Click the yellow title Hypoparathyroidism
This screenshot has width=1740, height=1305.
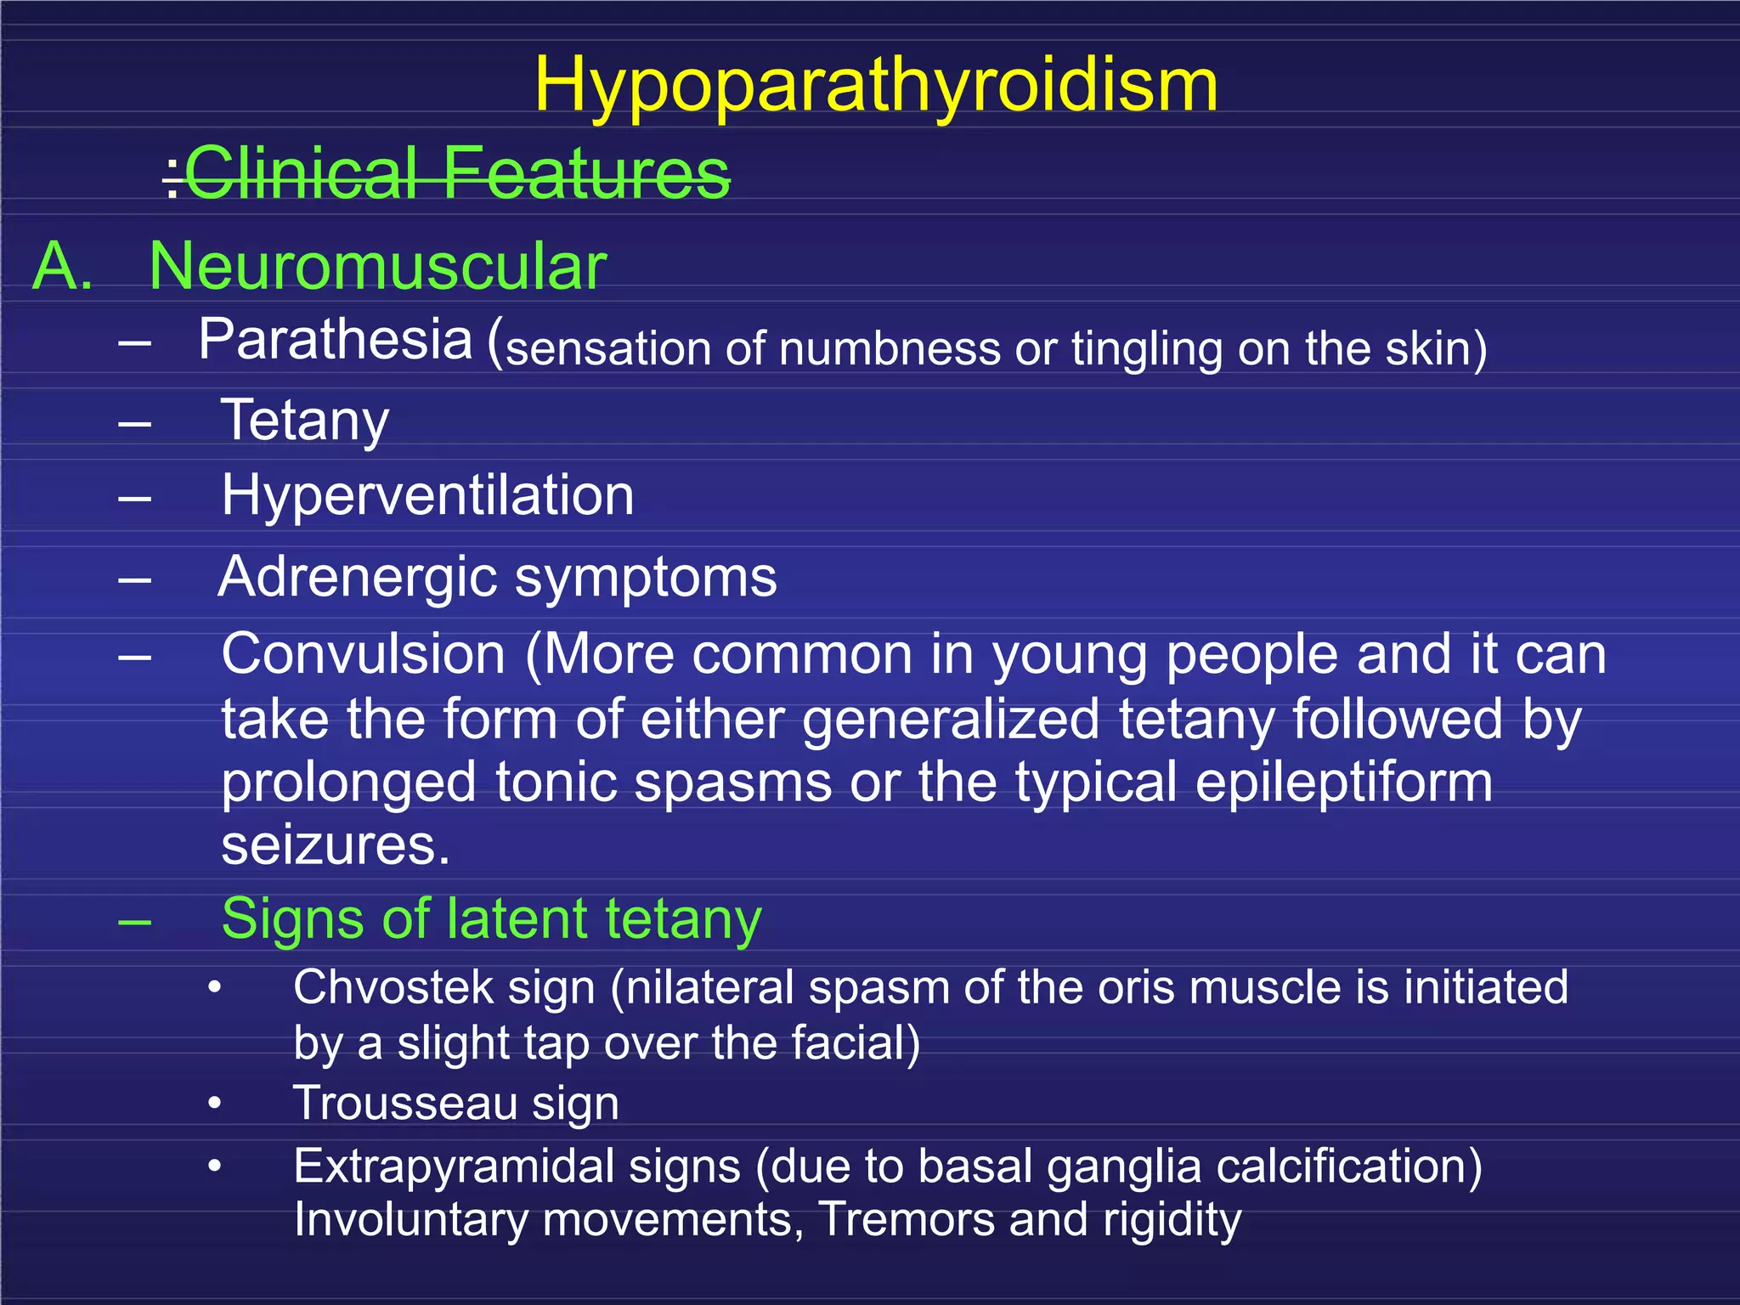(876, 85)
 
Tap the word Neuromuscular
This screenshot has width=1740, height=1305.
(377, 267)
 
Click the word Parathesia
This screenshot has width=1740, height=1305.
(335, 340)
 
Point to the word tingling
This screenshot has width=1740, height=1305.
(1146, 349)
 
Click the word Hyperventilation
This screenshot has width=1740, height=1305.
(427, 495)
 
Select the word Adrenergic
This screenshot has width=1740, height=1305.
(358, 577)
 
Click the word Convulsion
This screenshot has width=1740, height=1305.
(364, 655)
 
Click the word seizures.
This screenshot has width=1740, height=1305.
(335, 845)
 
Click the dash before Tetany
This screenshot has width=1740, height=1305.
(135, 422)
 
